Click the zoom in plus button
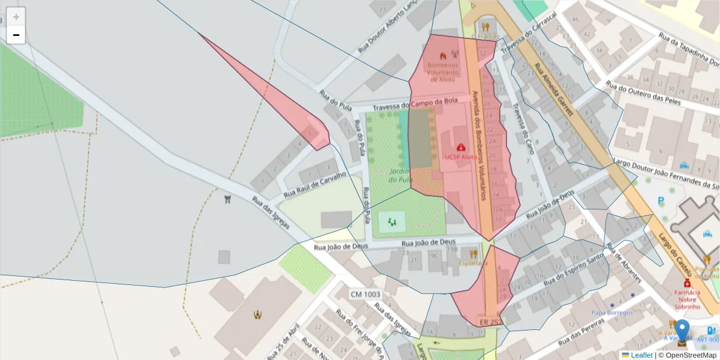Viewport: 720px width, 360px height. [16, 17]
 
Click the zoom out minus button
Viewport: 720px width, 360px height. [16, 35]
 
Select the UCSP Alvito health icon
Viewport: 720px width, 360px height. [461, 147]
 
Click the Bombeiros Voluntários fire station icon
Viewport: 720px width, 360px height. [443, 56]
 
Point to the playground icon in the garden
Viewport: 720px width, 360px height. [392, 223]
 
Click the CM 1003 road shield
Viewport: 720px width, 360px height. [365, 294]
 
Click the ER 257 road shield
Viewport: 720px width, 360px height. [490, 322]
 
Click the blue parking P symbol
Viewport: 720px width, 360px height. [661, 202]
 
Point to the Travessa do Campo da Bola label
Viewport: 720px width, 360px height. [415, 104]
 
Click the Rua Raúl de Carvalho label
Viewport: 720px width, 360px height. [315, 185]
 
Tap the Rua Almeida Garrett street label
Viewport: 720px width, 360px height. [554, 90]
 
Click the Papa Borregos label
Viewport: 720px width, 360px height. [612, 313]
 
